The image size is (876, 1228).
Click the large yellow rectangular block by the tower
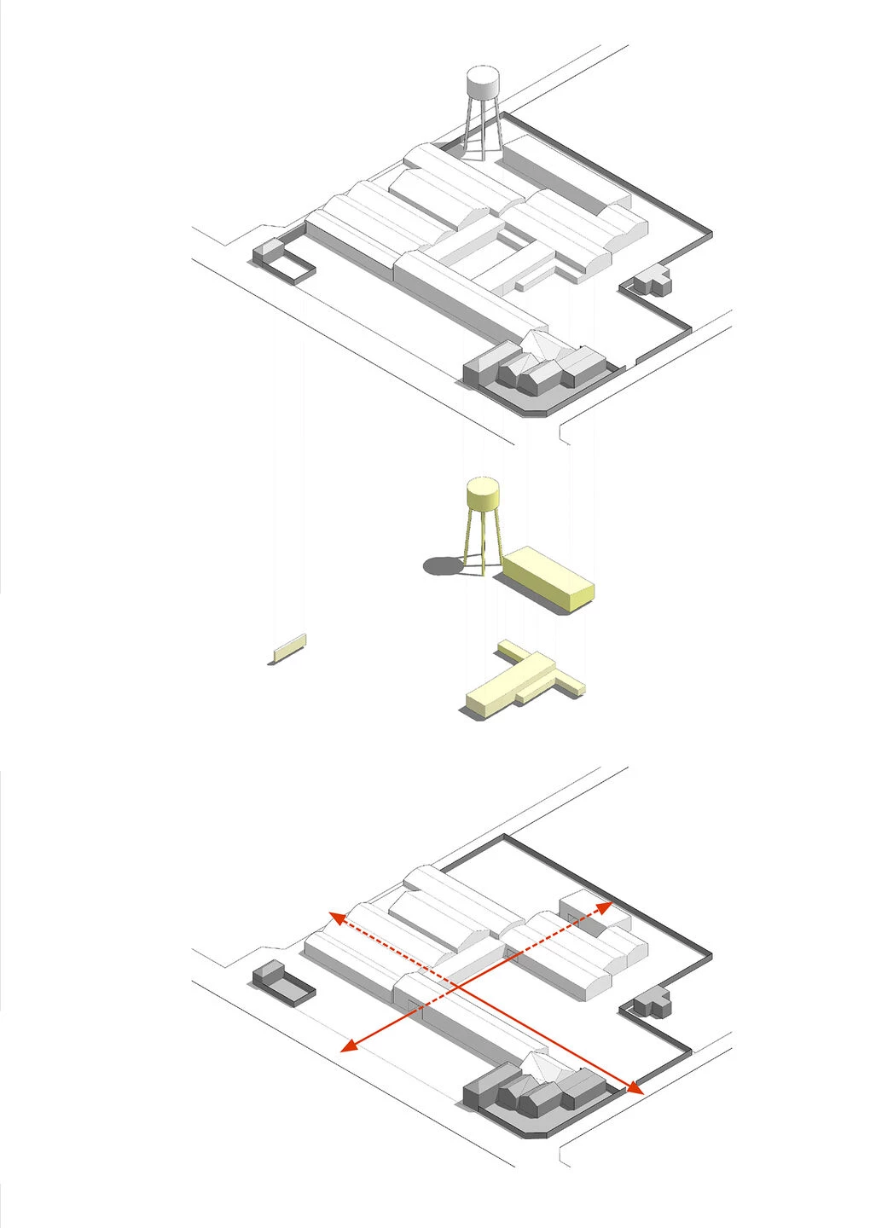point(548,578)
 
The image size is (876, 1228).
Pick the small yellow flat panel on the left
point(289,649)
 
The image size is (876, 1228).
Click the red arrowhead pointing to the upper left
point(337,918)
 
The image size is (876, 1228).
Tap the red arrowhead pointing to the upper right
point(605,907)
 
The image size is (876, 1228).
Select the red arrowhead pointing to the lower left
point(348,1046)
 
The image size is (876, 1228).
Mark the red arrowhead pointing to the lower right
point(635,1087)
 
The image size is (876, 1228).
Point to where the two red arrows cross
point(457,988)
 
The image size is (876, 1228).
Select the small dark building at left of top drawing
point(266,252)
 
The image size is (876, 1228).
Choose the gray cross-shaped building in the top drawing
point(652,280)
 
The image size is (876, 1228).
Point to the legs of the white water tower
point(482,132)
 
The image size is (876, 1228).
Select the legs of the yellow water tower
point(482,542)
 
